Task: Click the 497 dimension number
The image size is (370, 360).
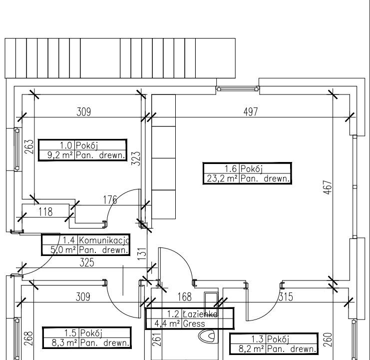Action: coord(251,111)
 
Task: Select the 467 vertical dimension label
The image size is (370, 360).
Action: coord(328,187)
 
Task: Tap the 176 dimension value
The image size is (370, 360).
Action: coord(110,200)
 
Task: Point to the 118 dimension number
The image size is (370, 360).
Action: coord(45,212)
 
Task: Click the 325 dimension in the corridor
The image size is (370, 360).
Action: coord(87,262)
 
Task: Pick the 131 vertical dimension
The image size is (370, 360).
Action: coord(142,254)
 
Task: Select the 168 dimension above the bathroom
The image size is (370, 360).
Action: coord(184,297)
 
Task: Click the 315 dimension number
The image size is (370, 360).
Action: coord(286,297)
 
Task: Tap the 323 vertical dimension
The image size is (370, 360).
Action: coord(136,158)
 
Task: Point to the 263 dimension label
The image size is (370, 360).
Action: coord(29,146)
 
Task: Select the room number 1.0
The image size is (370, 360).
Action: coord(65,145)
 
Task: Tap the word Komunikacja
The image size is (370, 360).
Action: coord(104,240)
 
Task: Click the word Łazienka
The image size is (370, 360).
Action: coord(200,314)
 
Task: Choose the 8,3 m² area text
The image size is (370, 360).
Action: coord(64,343)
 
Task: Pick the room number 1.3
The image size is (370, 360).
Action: coord(257,339)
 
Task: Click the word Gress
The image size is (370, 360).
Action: coord(194,323)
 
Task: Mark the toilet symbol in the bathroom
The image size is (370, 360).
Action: coord(207,336)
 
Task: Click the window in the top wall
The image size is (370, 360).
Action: coord(238,89)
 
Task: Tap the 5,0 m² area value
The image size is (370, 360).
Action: coord(63,250)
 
